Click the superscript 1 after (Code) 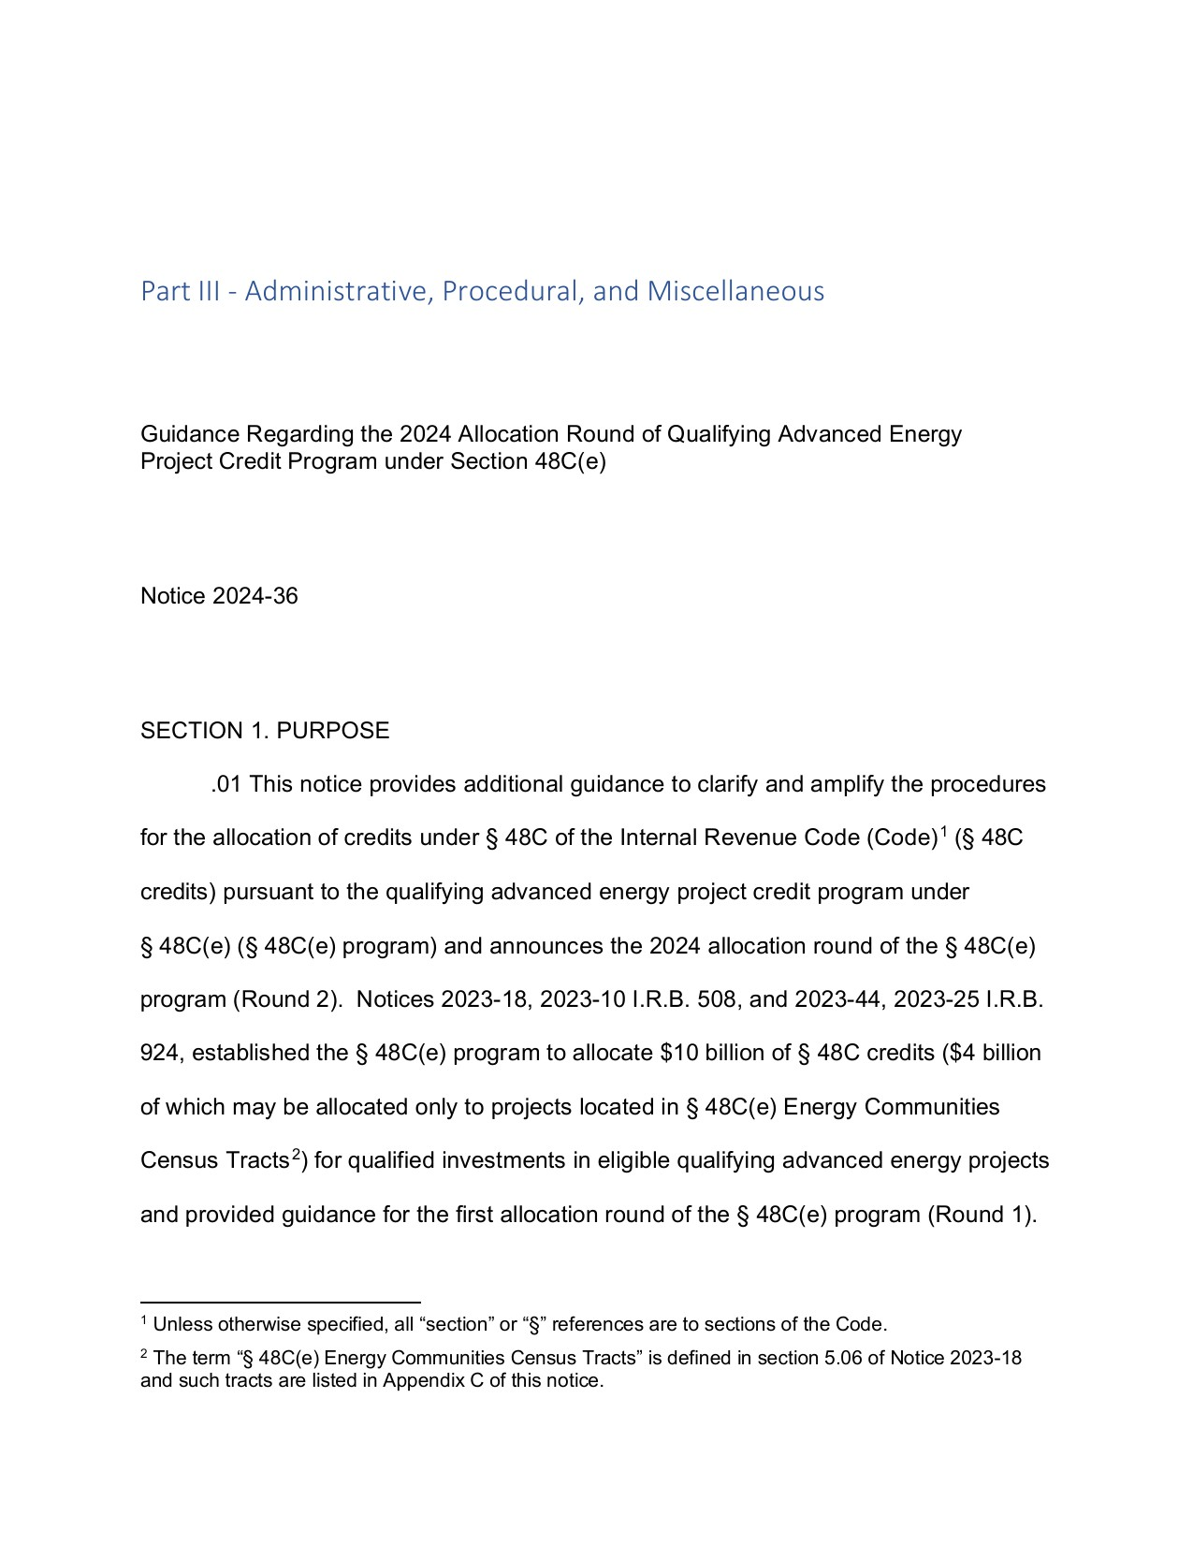944,832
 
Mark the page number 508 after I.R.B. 717,999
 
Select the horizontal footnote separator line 281,1302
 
